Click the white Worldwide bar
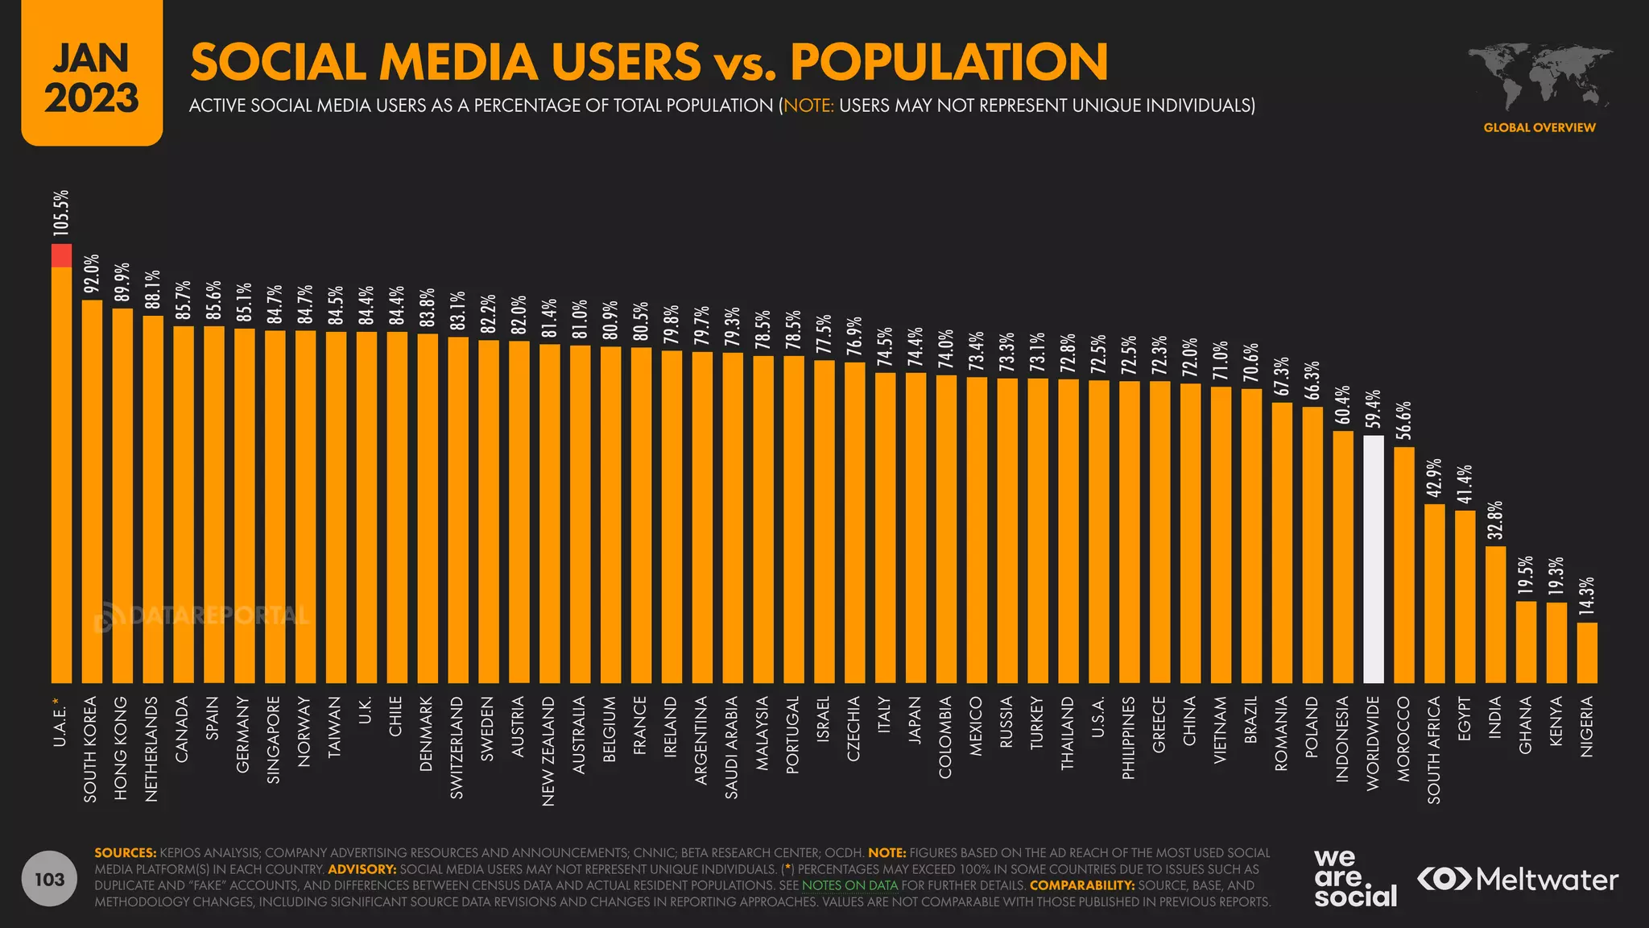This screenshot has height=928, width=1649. coord(1373,559)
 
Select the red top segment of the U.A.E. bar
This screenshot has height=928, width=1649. coord(61,255)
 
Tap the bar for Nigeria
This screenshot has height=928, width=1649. coord(1587,652)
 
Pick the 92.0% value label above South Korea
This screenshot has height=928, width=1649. coord(93,273)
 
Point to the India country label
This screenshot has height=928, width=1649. coord(1495,717)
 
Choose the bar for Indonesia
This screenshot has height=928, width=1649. coord(1342,557)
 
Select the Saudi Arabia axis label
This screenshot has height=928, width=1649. coord(732,748)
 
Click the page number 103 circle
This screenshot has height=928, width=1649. coord(50,879)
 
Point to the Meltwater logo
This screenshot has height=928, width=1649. coord(1518,879)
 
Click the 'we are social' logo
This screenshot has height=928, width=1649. coord(1355,878)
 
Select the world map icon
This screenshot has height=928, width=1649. coord(1539,77)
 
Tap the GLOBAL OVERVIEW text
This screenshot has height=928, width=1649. coord(1539,127)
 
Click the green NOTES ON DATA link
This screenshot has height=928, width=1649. coord(849,885)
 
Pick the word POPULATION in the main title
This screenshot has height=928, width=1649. coord(948,62)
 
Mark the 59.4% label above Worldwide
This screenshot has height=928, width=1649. coord(1374,408)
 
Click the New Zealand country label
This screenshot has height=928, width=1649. coord(548,751)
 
